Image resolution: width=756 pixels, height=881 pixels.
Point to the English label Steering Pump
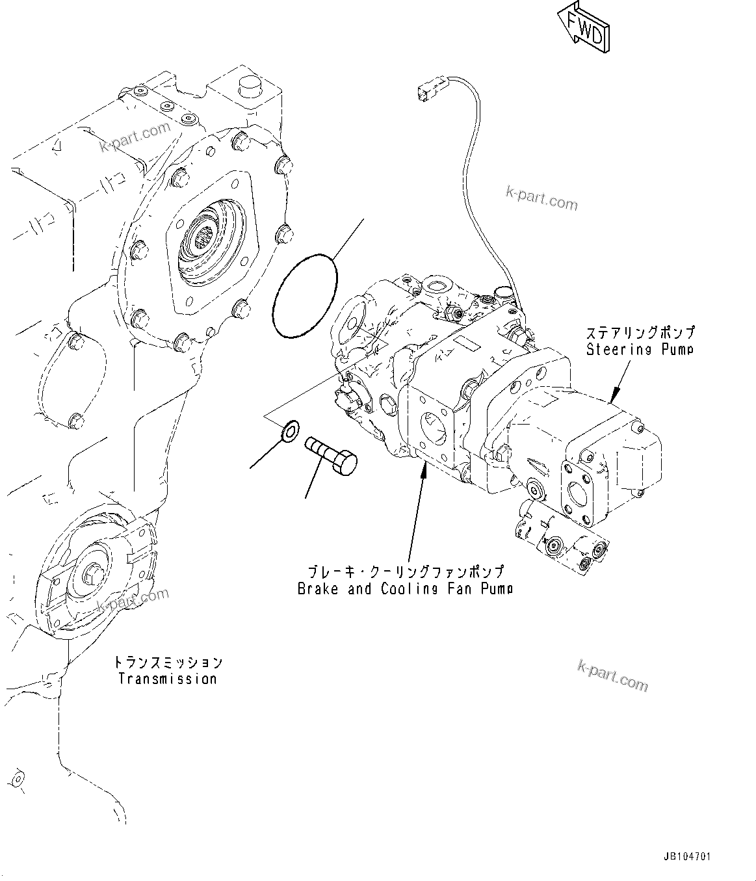[x=640, y=350]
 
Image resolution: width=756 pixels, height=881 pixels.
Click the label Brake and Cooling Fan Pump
[x=405, y=589]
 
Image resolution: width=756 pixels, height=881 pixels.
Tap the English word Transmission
[x=167, y=679]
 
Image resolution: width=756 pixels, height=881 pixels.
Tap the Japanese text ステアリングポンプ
[x=640, y=332]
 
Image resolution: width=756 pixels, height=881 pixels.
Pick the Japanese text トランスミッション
[x=167, y=663]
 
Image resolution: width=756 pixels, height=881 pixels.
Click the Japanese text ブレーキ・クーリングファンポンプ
[x=405, y=572]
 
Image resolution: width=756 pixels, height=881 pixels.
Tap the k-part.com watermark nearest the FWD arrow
[x=541, y=198]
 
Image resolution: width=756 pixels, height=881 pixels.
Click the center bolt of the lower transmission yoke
[x=89, y=575]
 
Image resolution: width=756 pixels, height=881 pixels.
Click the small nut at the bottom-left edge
[x=16, y=778]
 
